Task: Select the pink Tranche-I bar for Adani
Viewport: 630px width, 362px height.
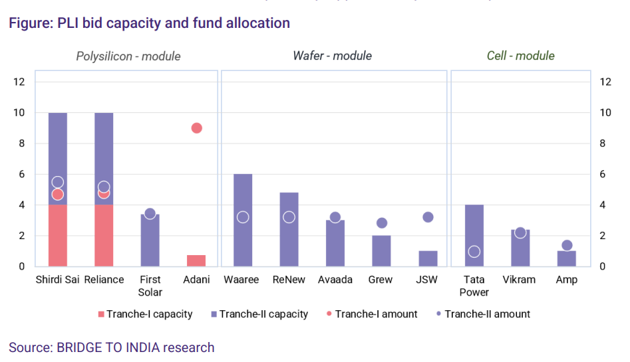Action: (196, 260)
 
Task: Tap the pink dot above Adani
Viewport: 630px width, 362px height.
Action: (196, 128)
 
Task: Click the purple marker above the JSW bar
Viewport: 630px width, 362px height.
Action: (428, 217)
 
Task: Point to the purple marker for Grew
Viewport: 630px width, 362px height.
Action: (382, 223)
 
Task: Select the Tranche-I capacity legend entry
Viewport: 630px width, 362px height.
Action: (145, 314)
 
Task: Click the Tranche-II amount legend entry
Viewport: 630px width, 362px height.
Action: (483, 314)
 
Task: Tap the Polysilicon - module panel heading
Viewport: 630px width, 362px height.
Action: (128, 56)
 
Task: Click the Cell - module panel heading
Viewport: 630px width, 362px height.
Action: (520, 56)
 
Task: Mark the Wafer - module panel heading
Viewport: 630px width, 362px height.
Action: (332, 56)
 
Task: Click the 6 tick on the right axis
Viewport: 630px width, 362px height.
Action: (605, 174)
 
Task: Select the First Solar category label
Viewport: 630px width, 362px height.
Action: (150, 286)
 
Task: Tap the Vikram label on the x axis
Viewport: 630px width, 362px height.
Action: (519, 280)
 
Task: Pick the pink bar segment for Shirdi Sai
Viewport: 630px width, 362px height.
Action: (58, 236)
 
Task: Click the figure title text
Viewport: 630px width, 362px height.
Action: (149, 23)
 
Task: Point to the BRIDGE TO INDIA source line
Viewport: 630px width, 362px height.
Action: (112, 347)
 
